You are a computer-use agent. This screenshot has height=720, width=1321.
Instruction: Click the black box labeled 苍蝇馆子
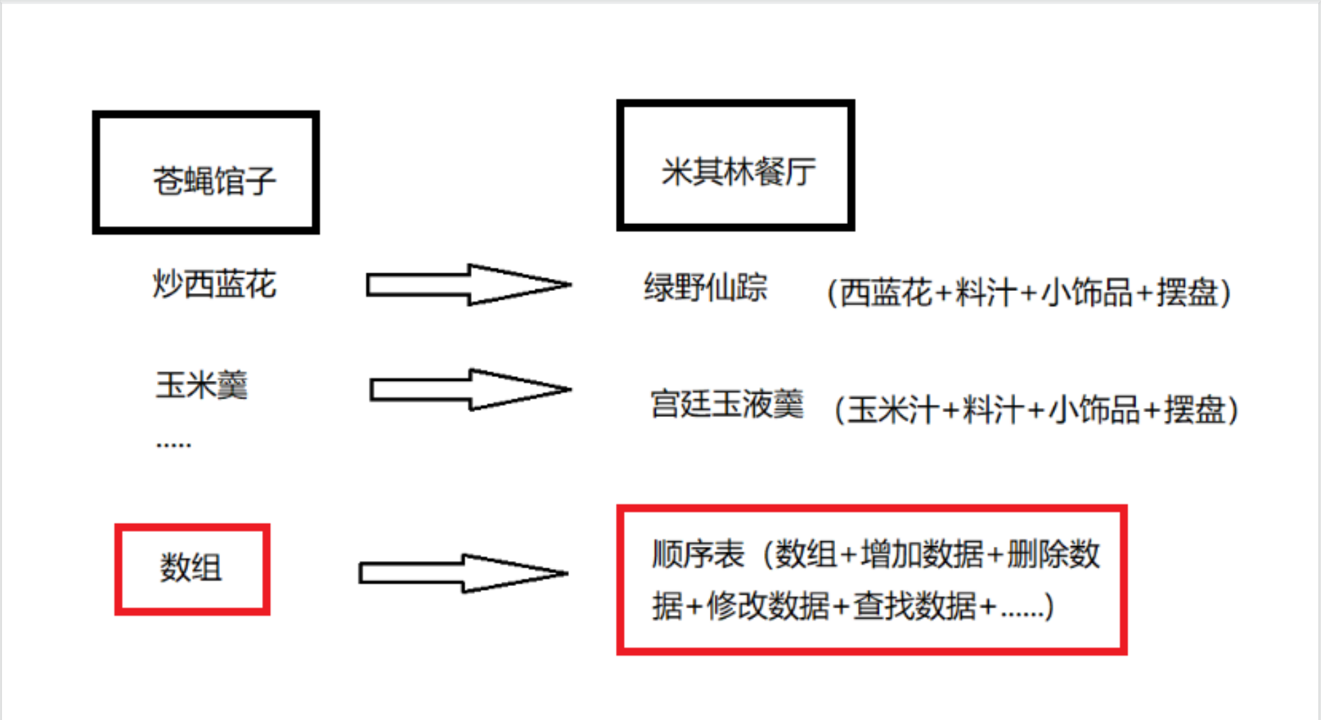coord(206,173)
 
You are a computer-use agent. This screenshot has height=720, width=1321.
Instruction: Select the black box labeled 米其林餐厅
coord(736,166)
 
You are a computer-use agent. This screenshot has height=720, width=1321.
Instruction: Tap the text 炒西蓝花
coord(214,284)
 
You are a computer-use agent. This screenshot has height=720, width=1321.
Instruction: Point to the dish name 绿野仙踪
coord(705,288)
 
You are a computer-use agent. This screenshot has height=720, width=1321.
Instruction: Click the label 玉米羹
coord(202,386)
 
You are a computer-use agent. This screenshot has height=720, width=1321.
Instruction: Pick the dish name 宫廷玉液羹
coord(727,405)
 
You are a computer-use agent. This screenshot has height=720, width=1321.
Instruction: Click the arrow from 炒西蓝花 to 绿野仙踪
coord(468,285)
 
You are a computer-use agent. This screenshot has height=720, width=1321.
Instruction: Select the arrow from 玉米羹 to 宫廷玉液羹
coord(470,390)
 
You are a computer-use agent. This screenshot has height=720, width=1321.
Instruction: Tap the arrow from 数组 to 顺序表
coord(463,573)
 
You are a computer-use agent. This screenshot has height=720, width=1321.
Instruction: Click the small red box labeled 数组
coord(192,569)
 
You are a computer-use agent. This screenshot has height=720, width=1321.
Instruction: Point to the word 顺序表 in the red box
coord(698,554)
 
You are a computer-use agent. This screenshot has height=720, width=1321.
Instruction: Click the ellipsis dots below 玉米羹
coord(173,445)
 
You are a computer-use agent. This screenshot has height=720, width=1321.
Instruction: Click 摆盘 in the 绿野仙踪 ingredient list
coord(1187,293)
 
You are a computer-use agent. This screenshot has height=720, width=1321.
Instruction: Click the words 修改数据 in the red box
coord(768,606)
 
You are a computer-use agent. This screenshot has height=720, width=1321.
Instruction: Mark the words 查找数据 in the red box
coord(914,606)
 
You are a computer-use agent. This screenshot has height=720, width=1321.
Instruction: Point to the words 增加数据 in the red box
coord(922,554)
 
